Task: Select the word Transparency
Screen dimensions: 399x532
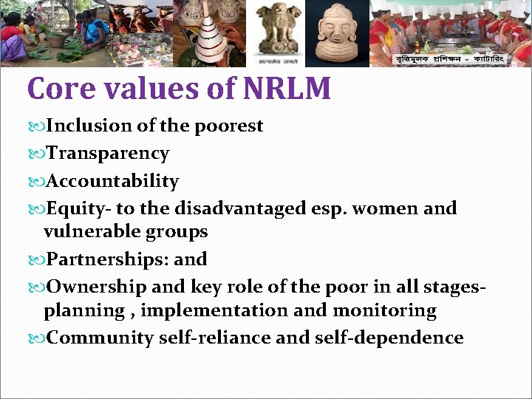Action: [108, 154]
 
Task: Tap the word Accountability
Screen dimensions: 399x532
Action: [112, 181]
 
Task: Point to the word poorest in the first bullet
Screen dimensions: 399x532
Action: [228, 126]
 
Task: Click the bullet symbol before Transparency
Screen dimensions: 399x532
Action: [38, 154]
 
